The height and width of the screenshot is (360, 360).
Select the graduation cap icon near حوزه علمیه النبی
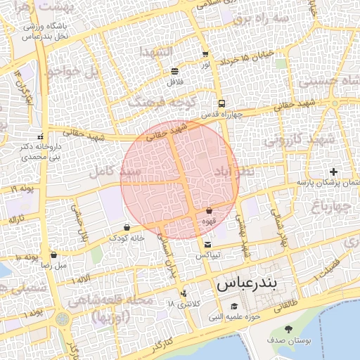coord(234,306)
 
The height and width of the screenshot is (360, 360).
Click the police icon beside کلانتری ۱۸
coord(184,292)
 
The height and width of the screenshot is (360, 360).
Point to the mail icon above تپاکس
coord(207,244)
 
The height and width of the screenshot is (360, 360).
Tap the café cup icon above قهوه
coord(210,210)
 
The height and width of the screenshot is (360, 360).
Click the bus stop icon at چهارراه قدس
coord(222,103)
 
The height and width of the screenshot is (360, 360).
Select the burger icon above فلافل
coord(174,71)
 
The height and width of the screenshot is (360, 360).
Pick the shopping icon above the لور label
coord(205,54)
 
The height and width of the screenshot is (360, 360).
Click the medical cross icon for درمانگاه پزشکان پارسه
coord(333,172)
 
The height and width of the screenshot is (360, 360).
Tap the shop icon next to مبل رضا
coord(54,255)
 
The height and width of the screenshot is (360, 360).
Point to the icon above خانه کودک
coord(127,227)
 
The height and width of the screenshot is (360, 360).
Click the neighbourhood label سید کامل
coord(115,171)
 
